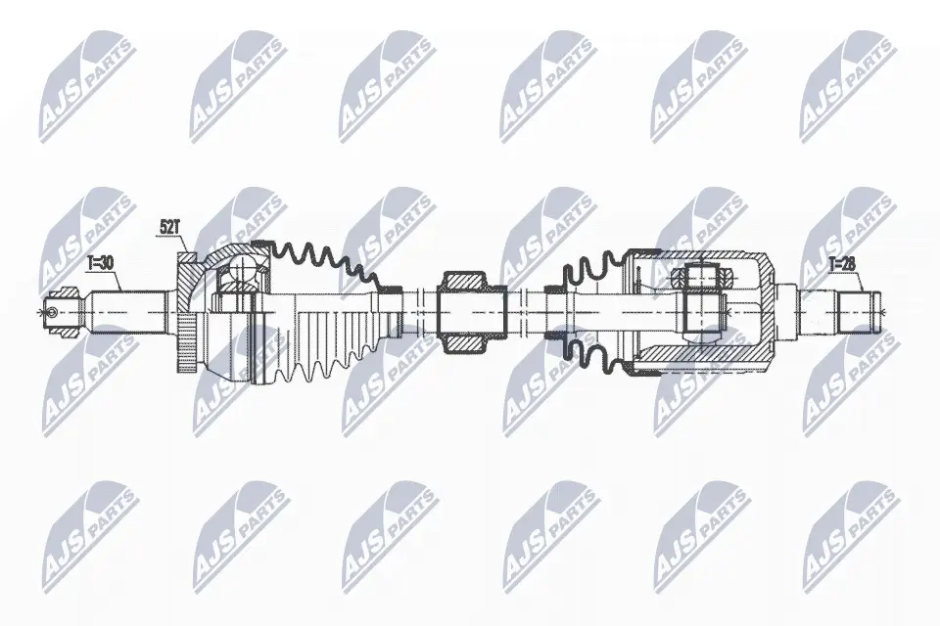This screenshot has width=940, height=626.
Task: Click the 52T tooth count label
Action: coord(169,227)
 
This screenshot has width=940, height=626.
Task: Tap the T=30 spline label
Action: coord(100,263)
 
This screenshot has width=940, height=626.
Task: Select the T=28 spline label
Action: coord(843,263)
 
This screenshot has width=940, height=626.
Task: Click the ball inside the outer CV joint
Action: coord(244,268)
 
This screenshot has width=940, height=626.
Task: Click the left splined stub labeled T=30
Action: coord(127,312)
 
